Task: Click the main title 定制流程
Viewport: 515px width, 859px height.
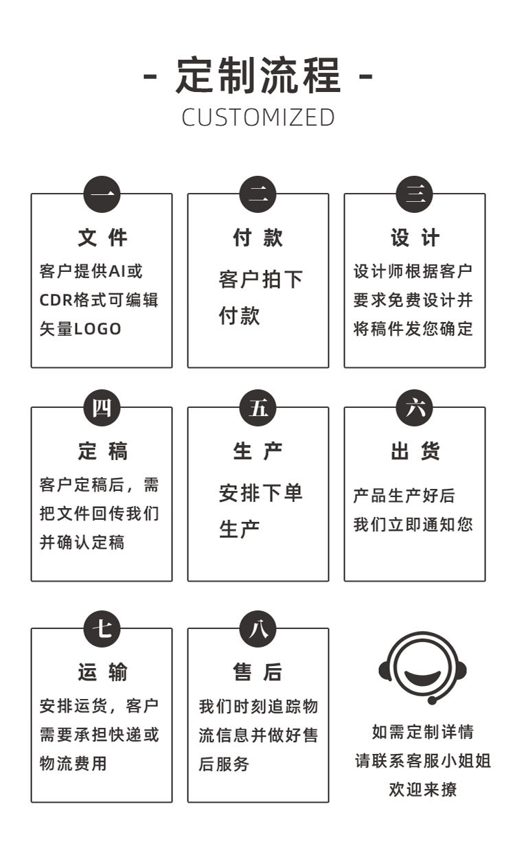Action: [x=258, y=76]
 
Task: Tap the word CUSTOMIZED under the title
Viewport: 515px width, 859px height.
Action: [x=258, y=117]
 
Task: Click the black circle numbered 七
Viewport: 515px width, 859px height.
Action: [x=102, y=628]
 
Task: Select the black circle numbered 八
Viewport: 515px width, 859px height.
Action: [x=257, y=628]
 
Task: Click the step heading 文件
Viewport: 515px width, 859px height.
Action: [x=102, y=238]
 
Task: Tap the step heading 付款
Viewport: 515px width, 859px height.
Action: [x=257, y=238]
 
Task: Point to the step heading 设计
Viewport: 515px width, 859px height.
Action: [x=415, y=238]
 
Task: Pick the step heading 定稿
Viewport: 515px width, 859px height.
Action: [x=102, y=452]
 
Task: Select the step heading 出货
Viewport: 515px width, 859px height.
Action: [x=415, y=452]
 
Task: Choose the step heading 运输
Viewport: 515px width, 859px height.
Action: [x=102, y=672]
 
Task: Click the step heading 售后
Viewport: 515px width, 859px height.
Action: [x=257, y=672]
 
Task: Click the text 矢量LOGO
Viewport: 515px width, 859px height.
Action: [x=80, y=329]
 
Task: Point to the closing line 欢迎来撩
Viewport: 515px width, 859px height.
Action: [x=423, y=790]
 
